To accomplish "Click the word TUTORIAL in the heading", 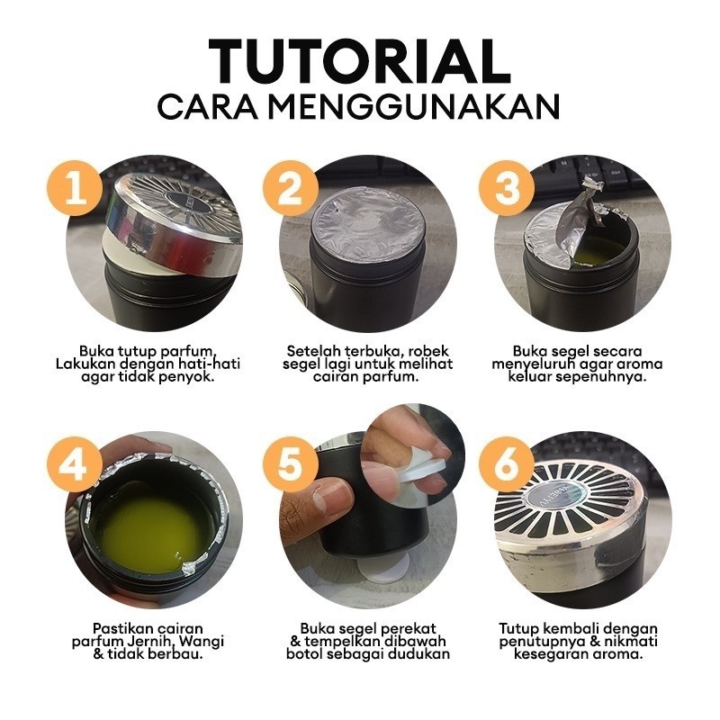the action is click(x=359, y=61).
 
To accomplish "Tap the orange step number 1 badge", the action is click(x=75, y=188).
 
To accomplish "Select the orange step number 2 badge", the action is click(x=290, y=188).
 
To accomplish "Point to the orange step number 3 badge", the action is click(x=507, y=188).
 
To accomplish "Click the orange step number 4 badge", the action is click(x=75, y=463).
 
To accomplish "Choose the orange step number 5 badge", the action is click(x=290, y=463).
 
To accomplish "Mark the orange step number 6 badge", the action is click(x=507, y=463).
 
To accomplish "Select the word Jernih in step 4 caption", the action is click(x=150, y=641).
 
